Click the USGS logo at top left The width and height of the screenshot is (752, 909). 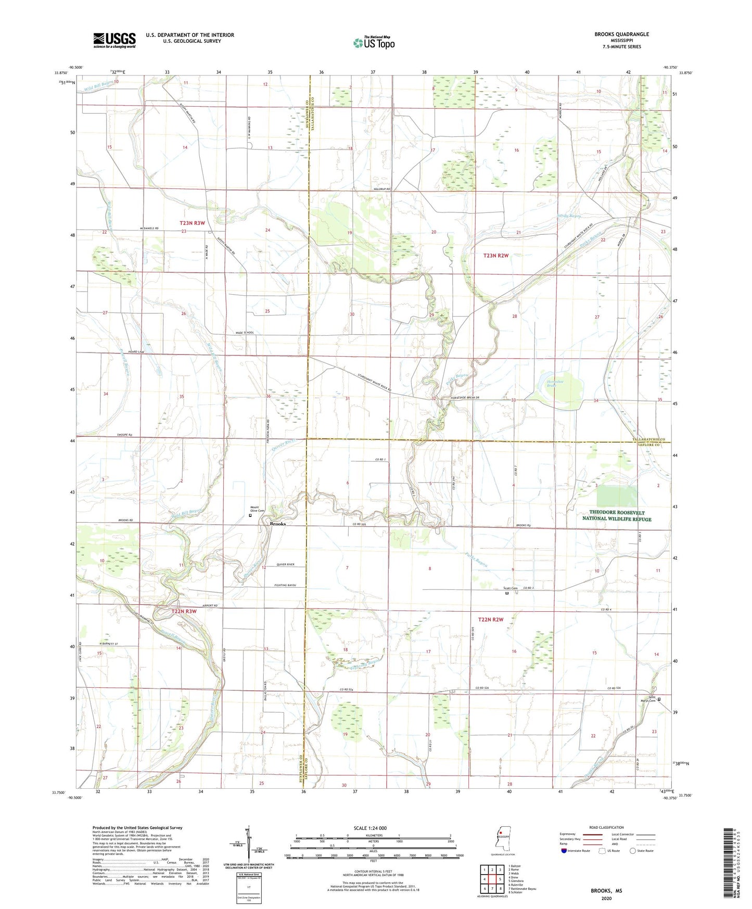[x=114, y=40]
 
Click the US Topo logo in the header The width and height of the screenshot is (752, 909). [x=374, y=43]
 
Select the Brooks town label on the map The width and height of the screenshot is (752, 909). [x=277, y=524]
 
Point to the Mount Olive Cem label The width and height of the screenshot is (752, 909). [x=258, y=509]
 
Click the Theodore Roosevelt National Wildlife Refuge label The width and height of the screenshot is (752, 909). [x=616, y=515]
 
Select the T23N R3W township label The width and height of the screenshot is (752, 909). [x=193, y=223]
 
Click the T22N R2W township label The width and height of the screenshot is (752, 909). [x=490, y=620]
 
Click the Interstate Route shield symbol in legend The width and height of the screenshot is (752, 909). [x=564, y=851]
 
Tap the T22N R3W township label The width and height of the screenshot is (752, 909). [x=184, y=611]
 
